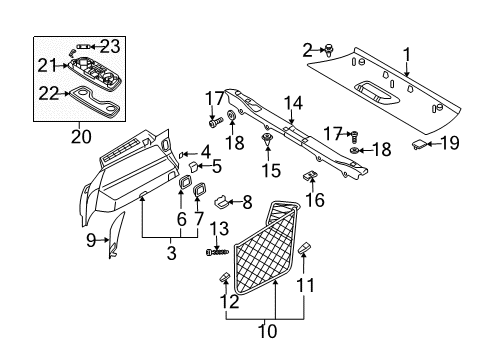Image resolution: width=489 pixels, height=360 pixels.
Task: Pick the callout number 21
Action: click(x=44, y=65)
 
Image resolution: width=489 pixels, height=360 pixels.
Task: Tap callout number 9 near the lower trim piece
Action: click(x=91, y=239)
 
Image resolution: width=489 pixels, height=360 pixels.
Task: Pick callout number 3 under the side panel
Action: click(x=171, y=254)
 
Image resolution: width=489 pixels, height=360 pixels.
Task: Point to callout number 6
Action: click(x=181, y=217)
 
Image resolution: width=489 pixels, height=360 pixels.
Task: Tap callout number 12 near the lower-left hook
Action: click(x=231, y=300)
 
